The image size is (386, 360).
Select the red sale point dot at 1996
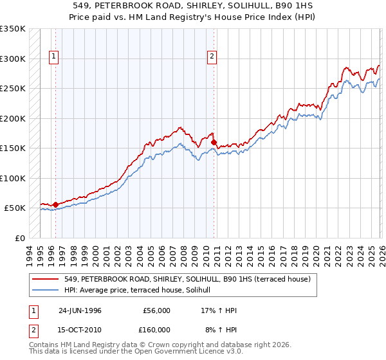click(x=55, y=204)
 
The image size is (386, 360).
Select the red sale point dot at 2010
click(x=214, y=143)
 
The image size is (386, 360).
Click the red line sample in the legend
click(x=46, y=279)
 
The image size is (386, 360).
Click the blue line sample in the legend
click(x=46, y=290)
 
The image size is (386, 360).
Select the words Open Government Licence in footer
click(x=174, y=352)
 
